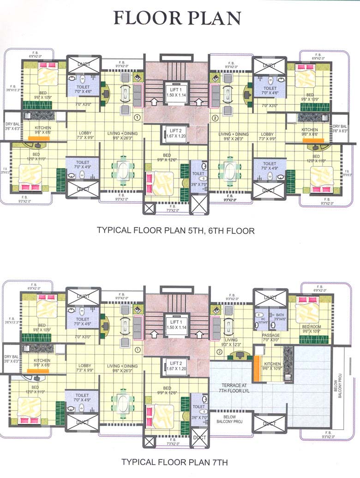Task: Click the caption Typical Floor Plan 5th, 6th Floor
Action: [x=175, y=230]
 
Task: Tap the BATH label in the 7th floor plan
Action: [x=280, y=316]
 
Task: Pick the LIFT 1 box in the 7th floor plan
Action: [x=175, y=323]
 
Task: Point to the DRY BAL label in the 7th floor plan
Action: [x=12, y=359]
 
